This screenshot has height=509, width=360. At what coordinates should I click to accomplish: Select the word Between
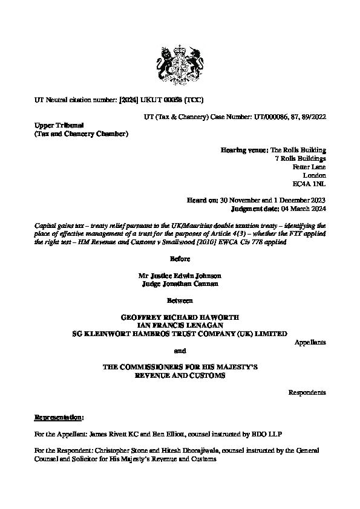(x=180, y=300)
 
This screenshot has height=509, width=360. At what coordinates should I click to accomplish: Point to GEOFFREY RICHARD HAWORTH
(x=180, y=316)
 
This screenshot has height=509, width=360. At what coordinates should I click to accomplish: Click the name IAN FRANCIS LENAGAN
(x=180, y=325)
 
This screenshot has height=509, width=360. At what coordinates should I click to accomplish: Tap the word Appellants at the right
(x=310, y=342)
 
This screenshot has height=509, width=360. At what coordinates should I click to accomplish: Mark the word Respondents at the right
(x=307, y=392)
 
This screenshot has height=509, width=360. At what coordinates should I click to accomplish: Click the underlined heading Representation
(x=58, y=417)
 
